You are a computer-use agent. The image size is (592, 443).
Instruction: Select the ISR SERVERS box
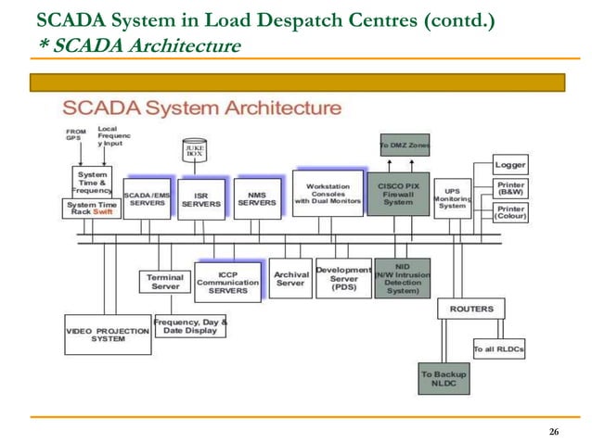point(200,197)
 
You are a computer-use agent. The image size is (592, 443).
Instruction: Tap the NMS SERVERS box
point(257,197)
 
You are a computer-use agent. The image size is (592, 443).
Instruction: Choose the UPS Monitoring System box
point(454,199)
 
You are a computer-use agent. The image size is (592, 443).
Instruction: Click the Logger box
point(510,165)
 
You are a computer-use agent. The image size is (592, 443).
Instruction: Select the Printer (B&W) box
point(510,189)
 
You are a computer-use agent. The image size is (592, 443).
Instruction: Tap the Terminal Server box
point(165,281)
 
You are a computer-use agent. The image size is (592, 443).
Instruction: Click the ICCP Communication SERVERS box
point(227,281)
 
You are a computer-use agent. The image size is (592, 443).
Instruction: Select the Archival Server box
point(291,278)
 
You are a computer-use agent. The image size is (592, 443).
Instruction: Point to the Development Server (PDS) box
point(343,278)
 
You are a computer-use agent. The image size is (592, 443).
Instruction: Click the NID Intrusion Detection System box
point(403,278)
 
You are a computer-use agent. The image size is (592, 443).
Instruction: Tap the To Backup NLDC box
point(444,380)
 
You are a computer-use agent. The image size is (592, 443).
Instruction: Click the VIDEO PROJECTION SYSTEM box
point(108,335)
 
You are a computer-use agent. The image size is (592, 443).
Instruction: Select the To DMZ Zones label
point(404,146)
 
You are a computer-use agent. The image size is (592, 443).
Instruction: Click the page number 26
point(554,433)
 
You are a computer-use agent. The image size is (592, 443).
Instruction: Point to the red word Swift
point(105,212)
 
